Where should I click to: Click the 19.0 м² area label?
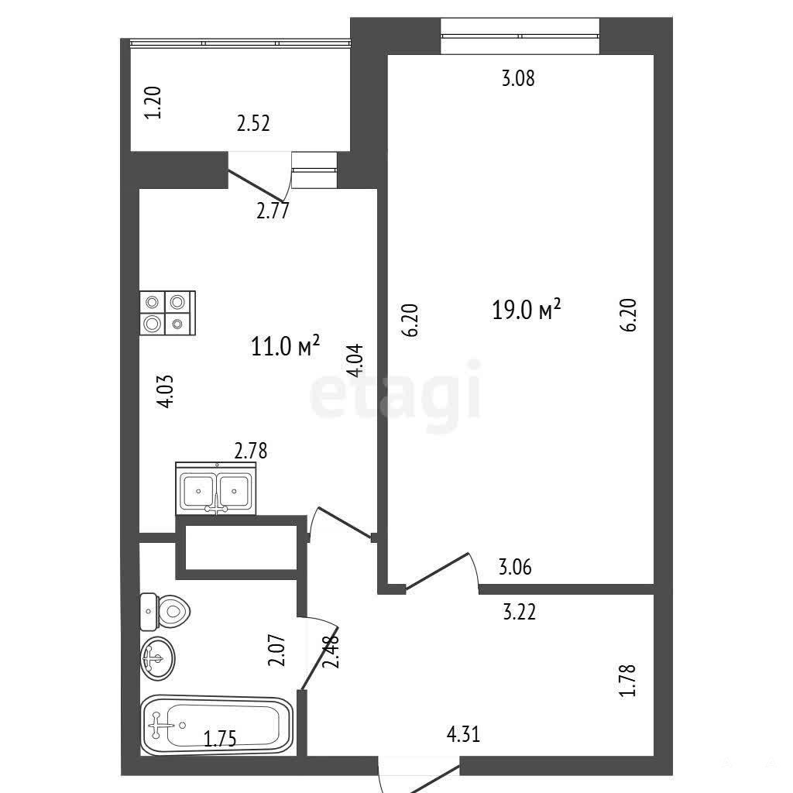pyautogui.click(x=527, y=309)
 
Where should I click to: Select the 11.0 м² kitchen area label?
pyautogui.click(x=285, y=346)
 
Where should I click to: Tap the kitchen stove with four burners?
pyautogui.click(x=167, y=313)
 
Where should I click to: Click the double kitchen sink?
pyautogui.click(x=216, y=489)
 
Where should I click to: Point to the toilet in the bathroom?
pyautogui.click(x=165, y=613)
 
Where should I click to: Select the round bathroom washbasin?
pyautogui.click(x=158, y=658)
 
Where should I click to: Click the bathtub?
pyautogui.click(x=217, y=725)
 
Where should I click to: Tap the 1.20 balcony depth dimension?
pyautogui.click(x=153, y=103)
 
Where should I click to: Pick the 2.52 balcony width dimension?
pyautogui.click(x=253, y=123)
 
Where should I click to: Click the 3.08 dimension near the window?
pyautogui.click(x=518, y=78)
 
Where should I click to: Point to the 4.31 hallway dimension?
pyautogui.click(x=463, y=734)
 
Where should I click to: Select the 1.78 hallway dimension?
pyautogui.click(x=627, y=681)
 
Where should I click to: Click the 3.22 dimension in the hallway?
pyautogui.click(x=520, y=612)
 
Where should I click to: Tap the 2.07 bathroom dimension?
pyautogui.click(x=277, y=651)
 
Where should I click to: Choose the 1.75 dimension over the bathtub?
pyautogui.click(x=220, y=739)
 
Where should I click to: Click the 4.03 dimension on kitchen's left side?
pyautogui.click(x=166, y=391)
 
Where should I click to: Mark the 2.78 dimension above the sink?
pyautogui.click(x=251, y=451)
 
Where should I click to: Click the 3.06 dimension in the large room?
pyautogui.click(x=515, y=568)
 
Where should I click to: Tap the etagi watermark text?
pyautogui.click(x=395, y=394)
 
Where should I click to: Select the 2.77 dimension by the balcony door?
pyautogui.click(x=273, y=211)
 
